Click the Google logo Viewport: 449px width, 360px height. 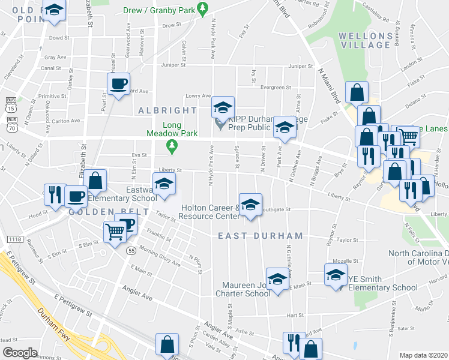coord(20,353)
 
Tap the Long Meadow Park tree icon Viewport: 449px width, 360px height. coord(172,145)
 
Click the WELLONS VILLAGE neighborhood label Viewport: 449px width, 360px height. coord(366,40)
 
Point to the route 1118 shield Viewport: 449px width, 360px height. coord(15,239)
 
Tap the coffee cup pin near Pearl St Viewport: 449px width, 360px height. coord(118,83)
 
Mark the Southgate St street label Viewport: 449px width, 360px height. coord(276,209)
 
